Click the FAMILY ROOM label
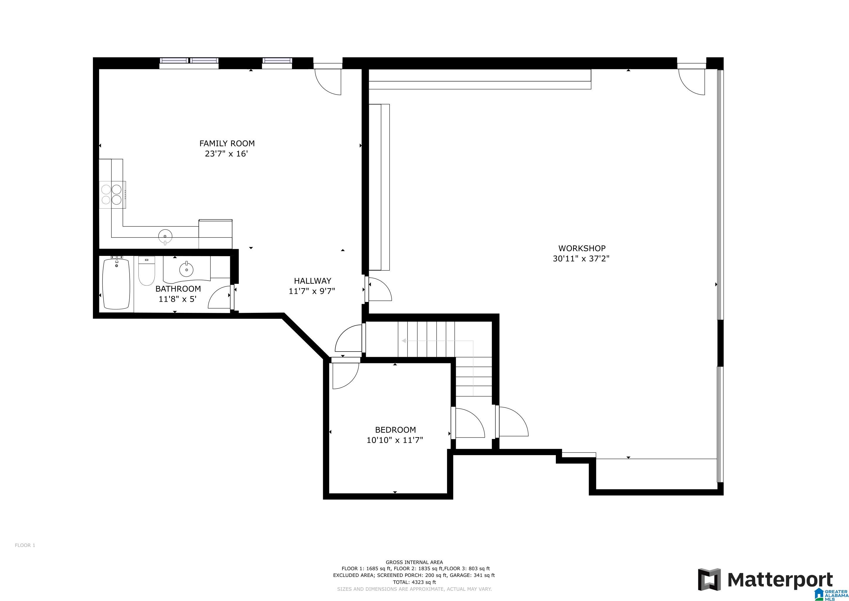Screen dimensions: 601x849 [x=227, y=143]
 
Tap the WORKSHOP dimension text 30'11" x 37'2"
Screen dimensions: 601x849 [x=581, y=259]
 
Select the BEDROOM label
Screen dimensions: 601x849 [x=395, y=430]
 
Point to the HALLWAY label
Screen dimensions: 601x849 [x=313, y=281]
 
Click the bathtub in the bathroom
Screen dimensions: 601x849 [x=116, y=284]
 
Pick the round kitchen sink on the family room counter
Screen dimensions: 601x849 [x=165, y=235]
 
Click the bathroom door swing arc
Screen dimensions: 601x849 [x=219, y=298]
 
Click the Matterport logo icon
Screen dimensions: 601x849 [x=709, y=580]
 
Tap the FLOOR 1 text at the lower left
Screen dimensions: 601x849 [x=25, y=545]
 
